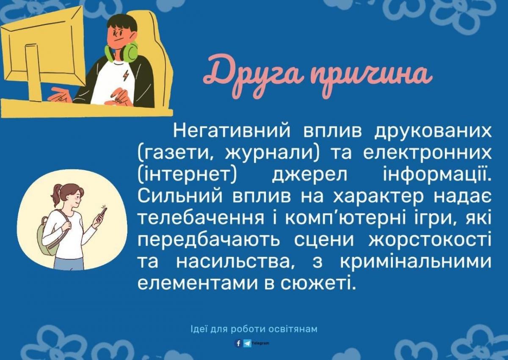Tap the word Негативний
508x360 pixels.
coord(232,132)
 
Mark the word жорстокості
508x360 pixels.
coord(430,240)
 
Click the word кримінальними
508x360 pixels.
coord(415,262)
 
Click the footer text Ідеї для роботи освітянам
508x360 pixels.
coord(254,329)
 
